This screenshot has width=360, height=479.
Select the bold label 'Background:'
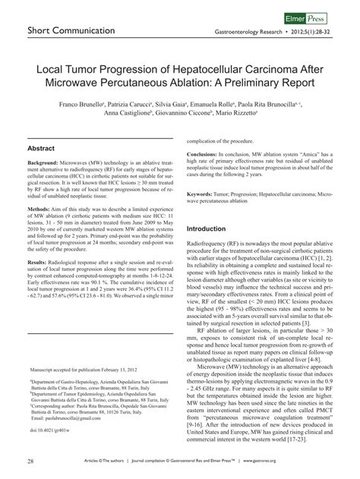coord(46,165)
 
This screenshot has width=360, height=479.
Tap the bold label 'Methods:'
coord(41,207)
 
